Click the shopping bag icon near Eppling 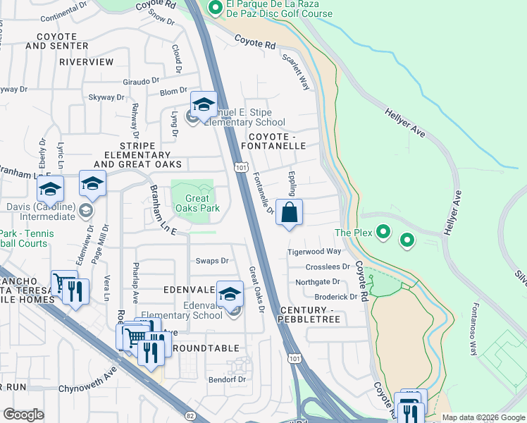tap(290, 212)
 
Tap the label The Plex tap(352, 233)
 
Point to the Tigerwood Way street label tap(314, 252)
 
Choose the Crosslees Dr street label tap(328, 267)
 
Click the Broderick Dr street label tap(335, 297)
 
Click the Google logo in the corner tap(23, 415)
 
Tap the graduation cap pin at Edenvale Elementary tap(230, 294)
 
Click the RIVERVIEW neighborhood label tap(86, 62)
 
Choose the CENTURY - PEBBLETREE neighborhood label tap(310, 315)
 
